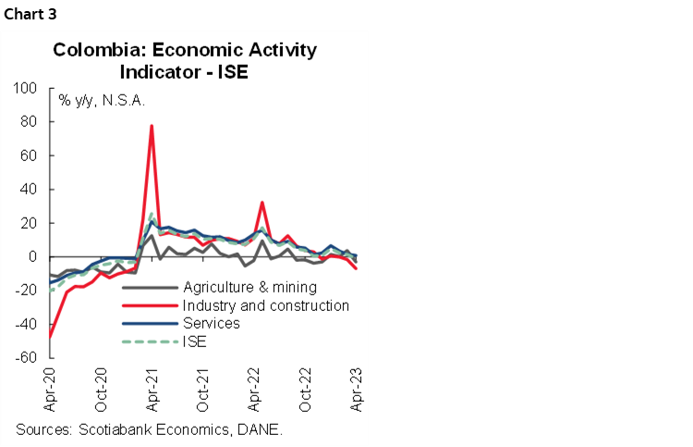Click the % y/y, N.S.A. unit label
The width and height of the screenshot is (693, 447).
coord(103,99)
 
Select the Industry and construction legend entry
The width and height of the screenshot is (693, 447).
coord(266,304)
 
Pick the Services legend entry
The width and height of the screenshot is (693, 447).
coord(212,323)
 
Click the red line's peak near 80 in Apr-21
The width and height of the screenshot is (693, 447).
coord(152,126)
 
